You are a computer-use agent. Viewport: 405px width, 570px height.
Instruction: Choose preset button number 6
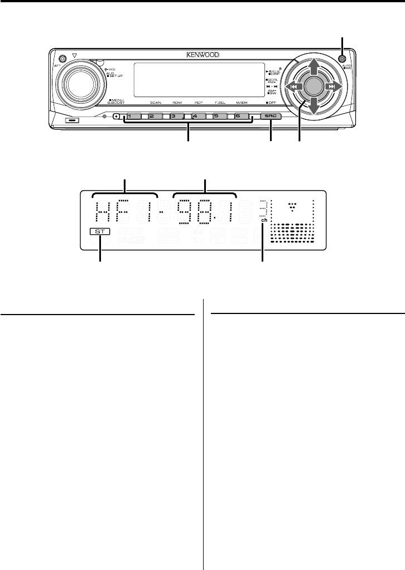coord(237,117)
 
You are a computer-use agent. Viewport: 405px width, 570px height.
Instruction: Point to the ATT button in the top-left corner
coord(61,59)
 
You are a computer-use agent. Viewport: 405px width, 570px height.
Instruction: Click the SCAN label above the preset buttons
coord(156,104)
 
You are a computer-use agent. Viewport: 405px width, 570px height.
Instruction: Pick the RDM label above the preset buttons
coord(177,104)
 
